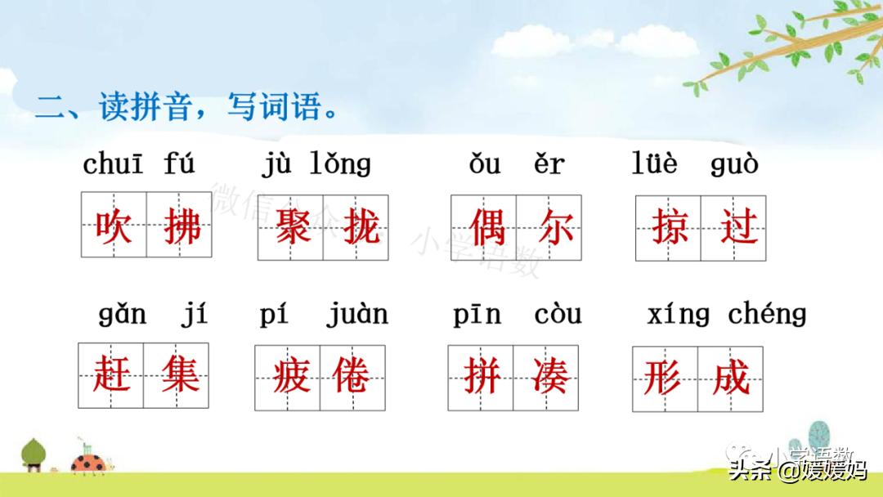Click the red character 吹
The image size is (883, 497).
coord(114,226)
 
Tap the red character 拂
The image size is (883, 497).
coord(180,226)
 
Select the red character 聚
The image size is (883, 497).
coord(291,226)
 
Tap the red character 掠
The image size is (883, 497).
coord(669,226)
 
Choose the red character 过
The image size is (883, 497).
coord(735,226)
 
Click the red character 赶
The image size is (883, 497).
coord(111,376)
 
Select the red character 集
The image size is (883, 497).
coord(177,376)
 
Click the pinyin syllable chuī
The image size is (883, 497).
coord(113,164)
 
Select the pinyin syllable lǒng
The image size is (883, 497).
coord(340,164)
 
